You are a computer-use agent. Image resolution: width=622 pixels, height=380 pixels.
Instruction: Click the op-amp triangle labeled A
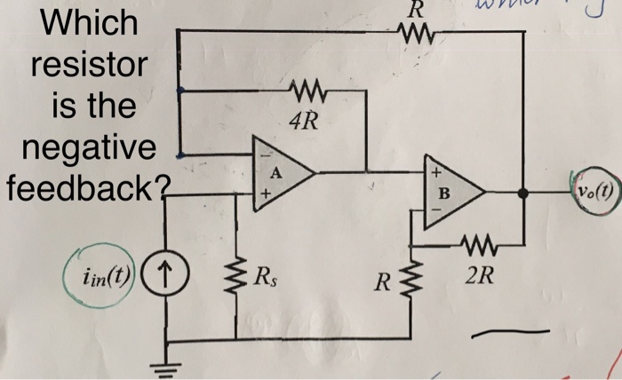pos(279,171)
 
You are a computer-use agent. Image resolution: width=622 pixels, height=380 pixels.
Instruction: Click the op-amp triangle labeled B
pos(451,191)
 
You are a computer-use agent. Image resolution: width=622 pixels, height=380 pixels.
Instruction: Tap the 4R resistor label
pos(304,119)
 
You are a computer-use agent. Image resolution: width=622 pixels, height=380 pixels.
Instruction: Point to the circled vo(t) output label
pos(594,191)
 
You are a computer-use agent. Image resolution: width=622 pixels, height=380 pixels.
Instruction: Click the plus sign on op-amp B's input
pos(436,170)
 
